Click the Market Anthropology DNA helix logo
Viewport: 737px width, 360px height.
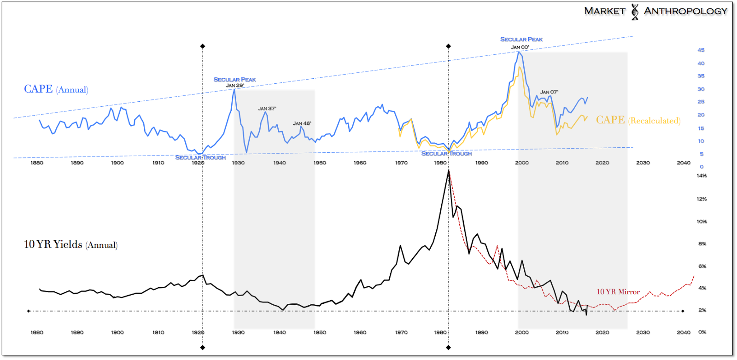[x=635, y=12]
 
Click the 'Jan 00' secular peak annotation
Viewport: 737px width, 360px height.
[x=520, y=47]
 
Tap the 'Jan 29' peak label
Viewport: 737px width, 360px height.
[x=234, y=85]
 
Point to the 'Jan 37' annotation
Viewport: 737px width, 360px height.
[x=267, y=109]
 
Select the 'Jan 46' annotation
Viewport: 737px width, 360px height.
[x=302, y=123]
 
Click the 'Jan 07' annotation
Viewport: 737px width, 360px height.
[x=549, y=92]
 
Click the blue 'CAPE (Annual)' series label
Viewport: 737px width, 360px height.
[x=56, y=89]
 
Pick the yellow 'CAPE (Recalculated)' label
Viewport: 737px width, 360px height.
[x=638, y=120]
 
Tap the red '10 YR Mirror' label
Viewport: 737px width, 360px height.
[x=618, y=292]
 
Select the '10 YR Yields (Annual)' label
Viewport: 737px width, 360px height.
[x=70, y=244]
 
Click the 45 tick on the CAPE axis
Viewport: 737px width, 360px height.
[x=701, y=50]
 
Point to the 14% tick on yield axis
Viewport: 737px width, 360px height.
[x=702, y=176]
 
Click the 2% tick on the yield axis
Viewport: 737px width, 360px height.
[x=702, y=310]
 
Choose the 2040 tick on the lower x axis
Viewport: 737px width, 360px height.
[x=684, y=332]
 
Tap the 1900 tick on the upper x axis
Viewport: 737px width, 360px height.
[x=117, y=163]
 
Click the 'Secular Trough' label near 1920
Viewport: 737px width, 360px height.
[x=200, y=157]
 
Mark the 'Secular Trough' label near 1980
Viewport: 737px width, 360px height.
[x=446, y=154]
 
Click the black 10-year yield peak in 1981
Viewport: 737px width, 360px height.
[x=449, y=171]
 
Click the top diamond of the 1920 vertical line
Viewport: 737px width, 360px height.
[x=203, y=46]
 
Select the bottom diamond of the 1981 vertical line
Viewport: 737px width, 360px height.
[x=449, y=348]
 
